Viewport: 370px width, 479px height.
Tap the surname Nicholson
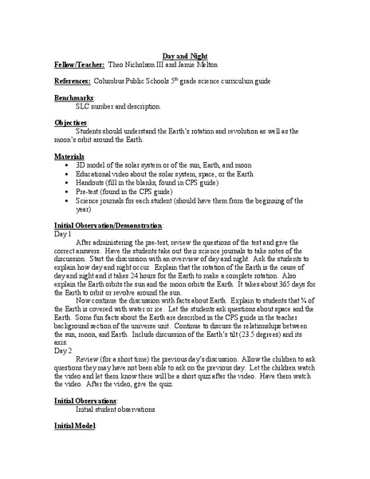[x=144, y=65]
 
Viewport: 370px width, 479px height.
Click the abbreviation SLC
[x=85, y=106]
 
